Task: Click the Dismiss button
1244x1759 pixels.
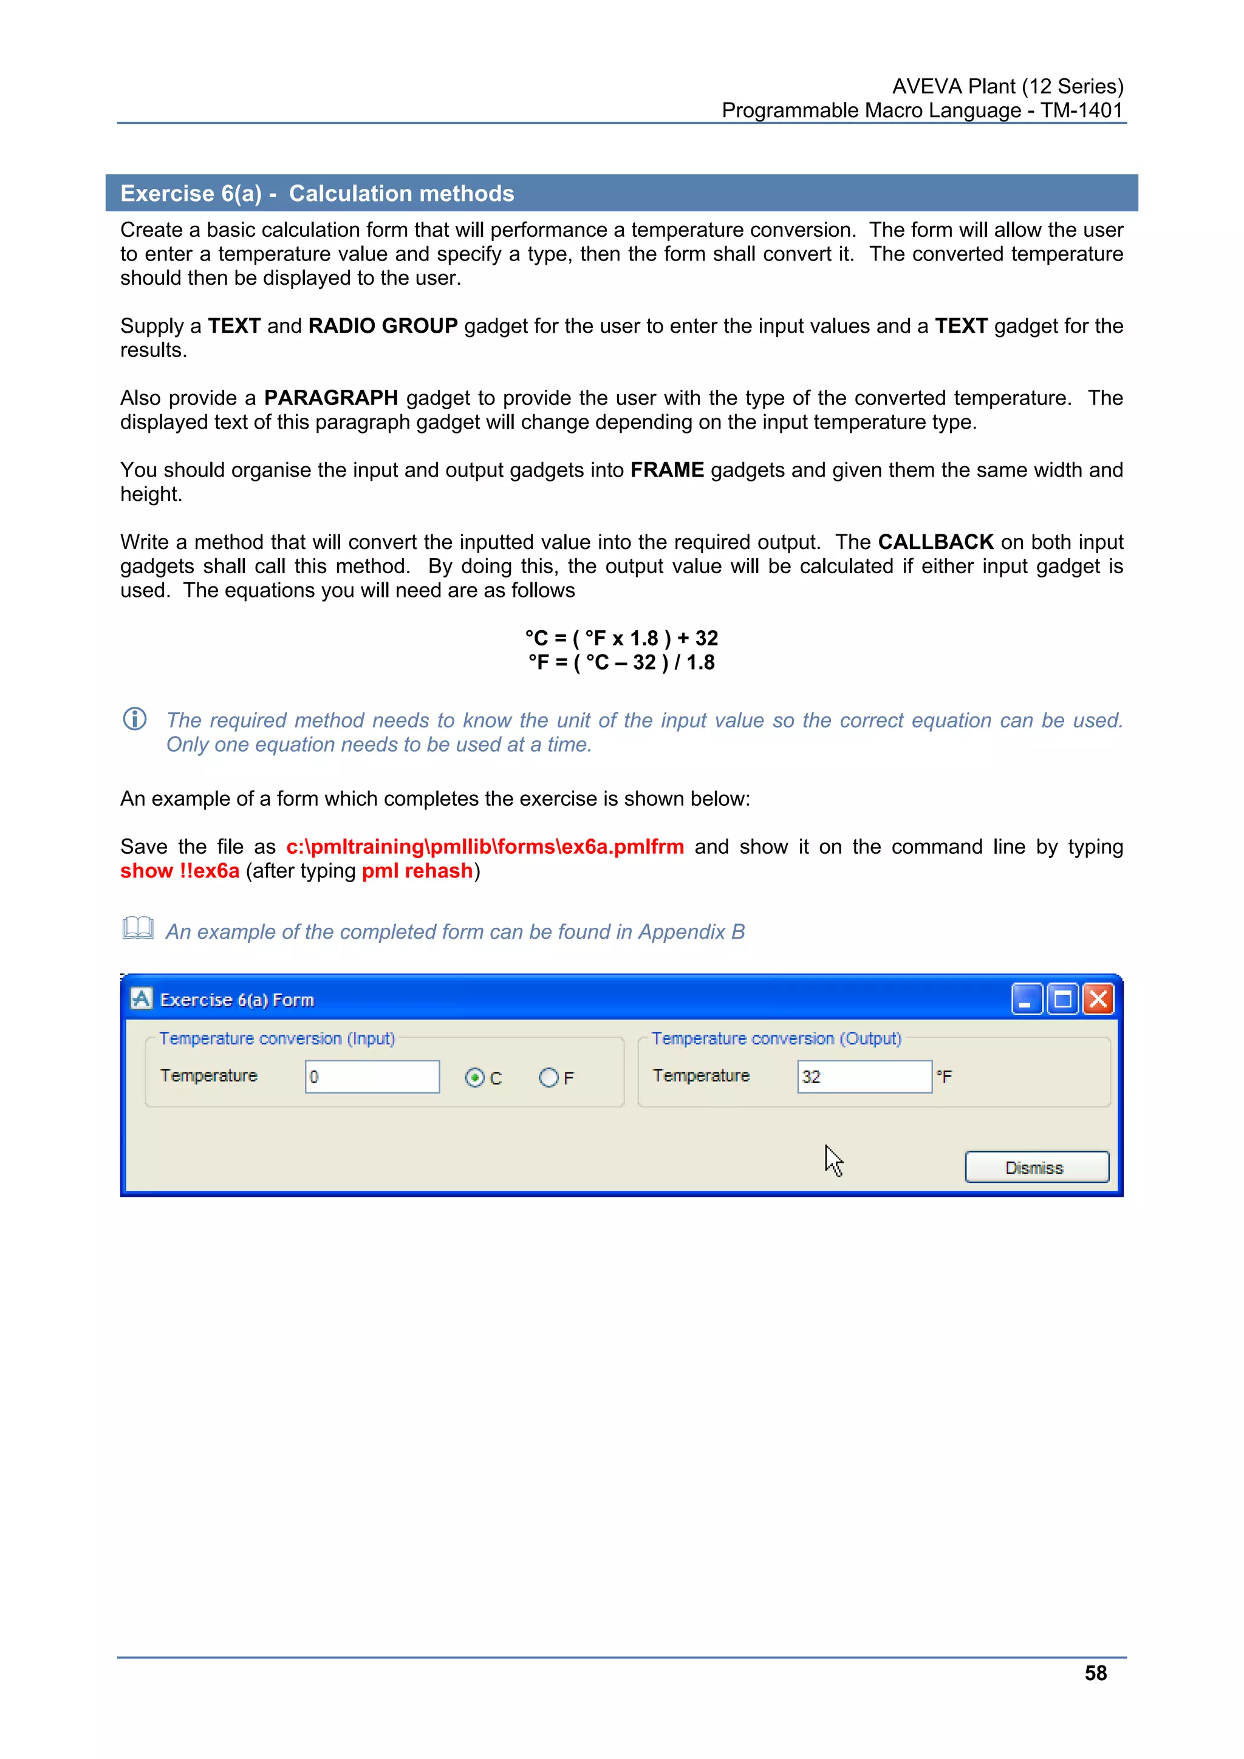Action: [1036, 1168]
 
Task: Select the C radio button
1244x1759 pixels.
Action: [474, 1078]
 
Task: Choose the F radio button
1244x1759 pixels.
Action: [548, 1078]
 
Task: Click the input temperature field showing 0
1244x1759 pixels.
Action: [372, 1077]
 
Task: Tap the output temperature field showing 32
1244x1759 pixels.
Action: [864, 1077]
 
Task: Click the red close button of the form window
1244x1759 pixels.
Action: [1098, 999]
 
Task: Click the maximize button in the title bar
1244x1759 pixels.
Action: [1063, 999]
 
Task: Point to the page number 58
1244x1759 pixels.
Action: [1095, 1673]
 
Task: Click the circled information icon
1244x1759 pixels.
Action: [135, 720]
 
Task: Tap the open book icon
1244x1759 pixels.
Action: [138, 928]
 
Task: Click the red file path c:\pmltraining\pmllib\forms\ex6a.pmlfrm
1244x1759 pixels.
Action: [484, 846]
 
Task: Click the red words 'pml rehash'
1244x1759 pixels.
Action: [417, 871]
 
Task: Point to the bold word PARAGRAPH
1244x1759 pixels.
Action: [330, 398]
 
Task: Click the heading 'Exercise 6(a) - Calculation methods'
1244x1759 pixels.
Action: [317, 193]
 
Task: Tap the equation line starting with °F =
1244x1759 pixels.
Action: [621, 662]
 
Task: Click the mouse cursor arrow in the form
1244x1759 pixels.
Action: [833, 1160]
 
